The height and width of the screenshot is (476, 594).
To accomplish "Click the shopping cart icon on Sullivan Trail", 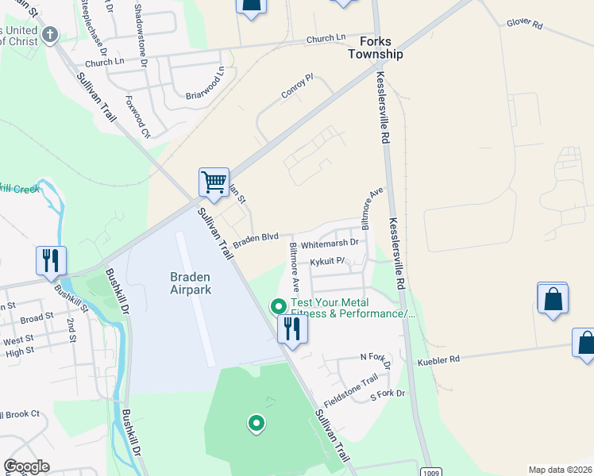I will [x=214, y=182].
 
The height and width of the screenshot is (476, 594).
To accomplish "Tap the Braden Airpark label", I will [x=189, y=283].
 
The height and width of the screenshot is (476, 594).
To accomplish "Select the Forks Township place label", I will [x=376, y=48].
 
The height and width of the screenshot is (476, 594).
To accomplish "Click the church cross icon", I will [x=50, y=35].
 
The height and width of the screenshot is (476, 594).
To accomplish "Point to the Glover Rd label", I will [x=524, y=25].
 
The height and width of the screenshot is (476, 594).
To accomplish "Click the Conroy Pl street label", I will [x=297, y=87].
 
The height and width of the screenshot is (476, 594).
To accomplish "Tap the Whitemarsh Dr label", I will [x=330, y=244].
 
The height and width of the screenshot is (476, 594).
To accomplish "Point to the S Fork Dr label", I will [x=388, y=393].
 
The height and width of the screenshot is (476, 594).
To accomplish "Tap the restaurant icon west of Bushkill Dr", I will [x=51, y=260].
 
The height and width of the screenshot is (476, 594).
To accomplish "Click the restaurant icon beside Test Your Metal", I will [x=292, y=328].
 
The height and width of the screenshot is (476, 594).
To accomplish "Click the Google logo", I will [x=26, y=466].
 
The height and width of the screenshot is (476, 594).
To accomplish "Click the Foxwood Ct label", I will [x=137, y=117].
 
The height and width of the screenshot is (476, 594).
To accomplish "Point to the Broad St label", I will [x=37, y=318].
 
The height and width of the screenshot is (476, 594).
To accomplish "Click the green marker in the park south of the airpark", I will [x=256, y=424].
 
